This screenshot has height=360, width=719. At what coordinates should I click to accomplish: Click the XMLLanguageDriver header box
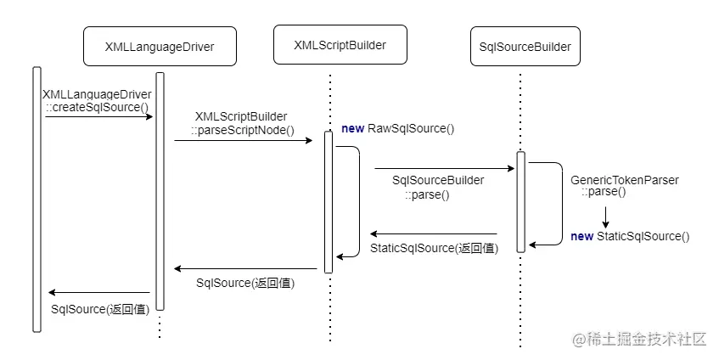[159, 48]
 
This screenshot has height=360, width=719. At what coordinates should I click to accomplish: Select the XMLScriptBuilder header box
[340, 44]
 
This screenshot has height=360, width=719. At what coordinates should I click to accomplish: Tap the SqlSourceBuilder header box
[520, 47]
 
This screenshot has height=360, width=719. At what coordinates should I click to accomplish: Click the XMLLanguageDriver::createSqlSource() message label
[97, 100]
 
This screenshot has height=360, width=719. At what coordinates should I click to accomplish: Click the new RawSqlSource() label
[398, 129]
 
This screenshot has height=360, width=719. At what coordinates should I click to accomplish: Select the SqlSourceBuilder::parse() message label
[438, 187]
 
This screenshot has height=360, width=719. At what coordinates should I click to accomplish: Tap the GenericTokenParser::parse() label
[625, 185]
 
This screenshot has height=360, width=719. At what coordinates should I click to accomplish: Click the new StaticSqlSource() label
[631, 236]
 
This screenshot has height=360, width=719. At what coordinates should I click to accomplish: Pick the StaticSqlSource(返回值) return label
[434, 249]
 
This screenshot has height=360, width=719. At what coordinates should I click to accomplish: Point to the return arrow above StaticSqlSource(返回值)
[433, 234]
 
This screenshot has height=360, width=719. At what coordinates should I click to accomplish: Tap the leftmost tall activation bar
[37, 199]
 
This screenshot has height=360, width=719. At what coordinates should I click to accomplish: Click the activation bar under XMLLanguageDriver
[160, 191]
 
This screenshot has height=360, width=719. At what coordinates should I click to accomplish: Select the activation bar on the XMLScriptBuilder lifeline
[329, 202]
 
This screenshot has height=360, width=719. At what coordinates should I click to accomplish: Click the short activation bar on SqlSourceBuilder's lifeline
[520, 201]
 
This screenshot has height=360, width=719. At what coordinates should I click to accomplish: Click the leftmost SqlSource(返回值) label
[100, 308]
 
